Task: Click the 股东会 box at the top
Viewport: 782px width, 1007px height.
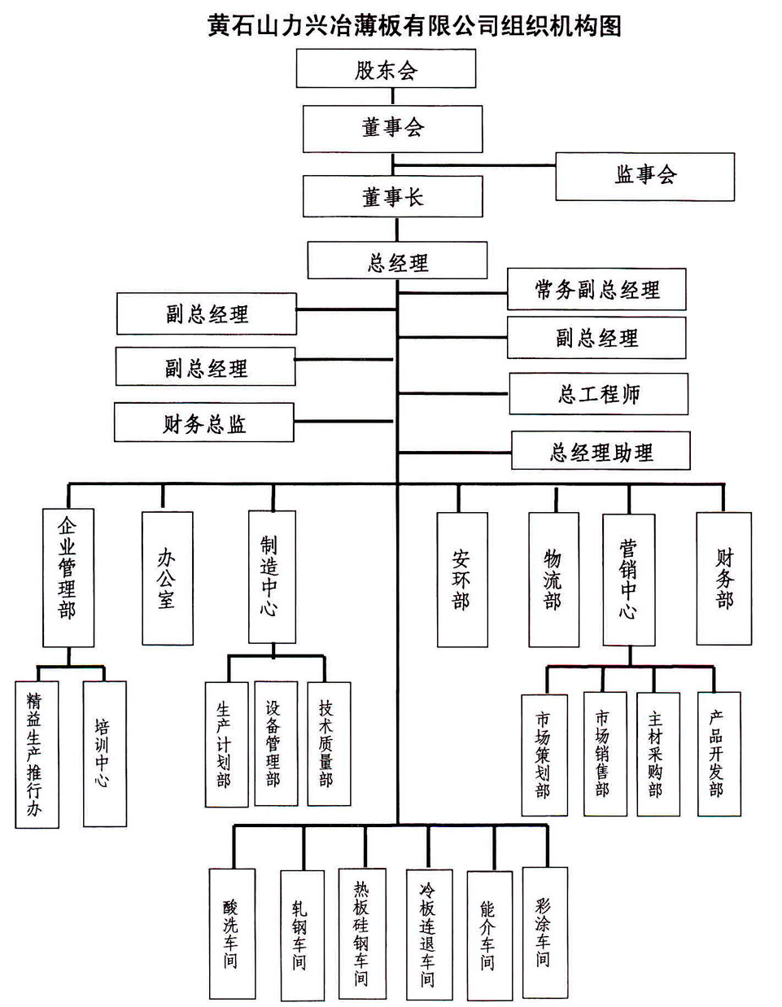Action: (386, 68)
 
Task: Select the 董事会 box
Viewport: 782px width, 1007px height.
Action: (392, 128)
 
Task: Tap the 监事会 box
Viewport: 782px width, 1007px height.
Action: (644, 176)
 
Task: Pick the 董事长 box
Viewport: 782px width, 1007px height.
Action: (392, 197)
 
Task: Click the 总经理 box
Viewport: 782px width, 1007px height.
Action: (397, 261)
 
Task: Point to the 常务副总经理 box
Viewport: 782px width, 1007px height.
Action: (596, 290)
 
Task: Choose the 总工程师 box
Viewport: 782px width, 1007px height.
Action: (598, 395)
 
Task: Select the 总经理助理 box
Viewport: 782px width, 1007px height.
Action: (601, 452)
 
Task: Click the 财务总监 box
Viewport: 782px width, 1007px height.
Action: (203, 424)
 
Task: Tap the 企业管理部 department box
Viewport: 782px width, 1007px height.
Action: (68, 578)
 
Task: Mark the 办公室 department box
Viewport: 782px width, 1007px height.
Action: (167, 579)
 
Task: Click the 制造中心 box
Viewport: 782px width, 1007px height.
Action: (272, 576)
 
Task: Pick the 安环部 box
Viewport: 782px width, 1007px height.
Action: (462, 580)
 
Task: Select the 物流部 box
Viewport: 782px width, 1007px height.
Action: (553, 580)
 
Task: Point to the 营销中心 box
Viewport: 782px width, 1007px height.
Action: (628, 579)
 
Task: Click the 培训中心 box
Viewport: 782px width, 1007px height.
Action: (105, 753)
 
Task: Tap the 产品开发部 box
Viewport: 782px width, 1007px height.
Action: (719, 753)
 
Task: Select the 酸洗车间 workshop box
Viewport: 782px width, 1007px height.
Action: (231, 933)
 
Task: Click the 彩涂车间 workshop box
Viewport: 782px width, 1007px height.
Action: (543, 931)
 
